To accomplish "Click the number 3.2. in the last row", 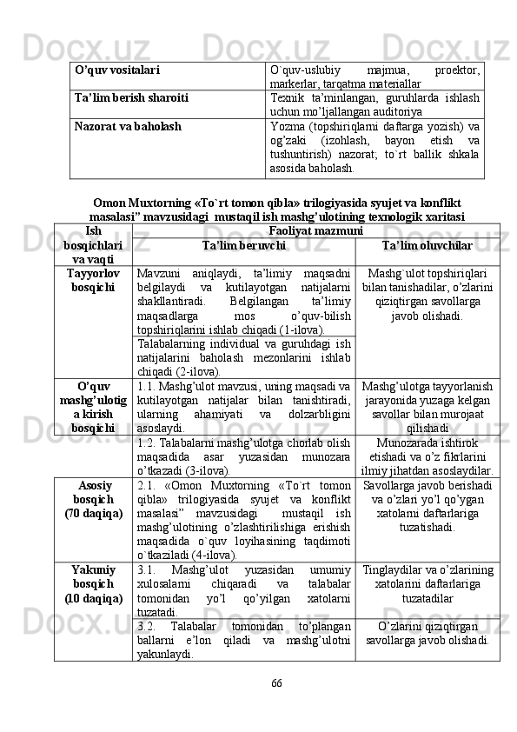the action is point(149,625).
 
